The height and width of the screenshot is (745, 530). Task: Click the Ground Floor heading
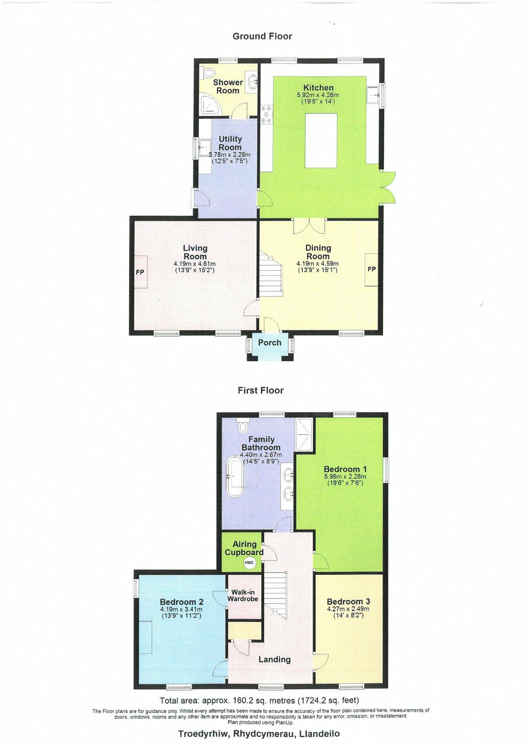point(262,37)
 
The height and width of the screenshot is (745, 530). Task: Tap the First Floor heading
point(260,391)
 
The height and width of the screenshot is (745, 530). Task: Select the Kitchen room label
point(318,88)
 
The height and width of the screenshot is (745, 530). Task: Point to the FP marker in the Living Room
point(140,272)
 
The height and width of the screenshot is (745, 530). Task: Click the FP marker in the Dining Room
point(371,269)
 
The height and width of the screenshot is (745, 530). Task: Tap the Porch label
point(270,343)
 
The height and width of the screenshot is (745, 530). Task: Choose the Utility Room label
point(230,143)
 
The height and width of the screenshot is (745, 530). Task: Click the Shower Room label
point(228,86)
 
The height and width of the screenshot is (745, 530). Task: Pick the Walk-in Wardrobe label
point(244,595)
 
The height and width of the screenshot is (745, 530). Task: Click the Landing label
point(274,659)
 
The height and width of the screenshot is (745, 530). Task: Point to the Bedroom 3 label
point(348,602)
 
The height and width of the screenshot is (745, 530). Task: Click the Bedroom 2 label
point(181,602)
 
